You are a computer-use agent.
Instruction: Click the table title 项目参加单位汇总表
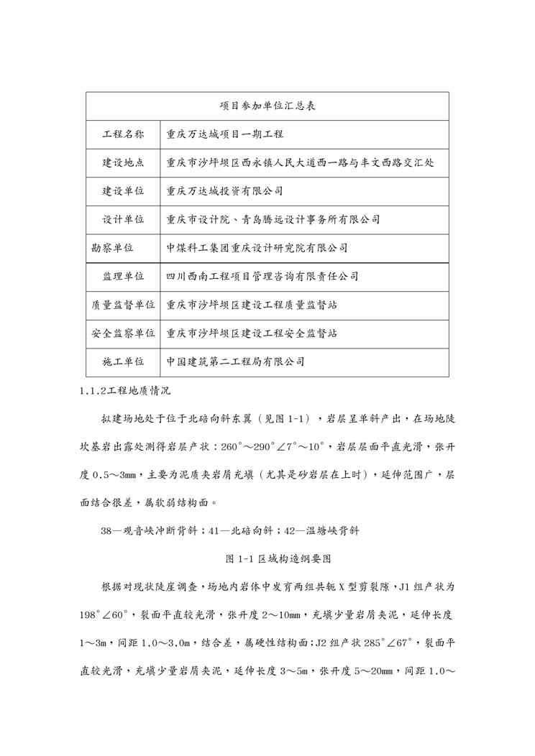click(x=267, y=106)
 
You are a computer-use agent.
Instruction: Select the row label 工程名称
click(x=123, y=134)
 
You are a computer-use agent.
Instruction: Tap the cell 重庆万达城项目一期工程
click(x=225, y=134)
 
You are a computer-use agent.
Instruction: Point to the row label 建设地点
click(x=123, y=162)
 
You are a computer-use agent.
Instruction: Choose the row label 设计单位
click(x=123, y=219)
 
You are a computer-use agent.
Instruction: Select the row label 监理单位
click(x=123, y=276)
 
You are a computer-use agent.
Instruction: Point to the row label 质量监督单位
click(x=123, y=305)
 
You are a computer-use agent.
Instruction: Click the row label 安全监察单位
click(x=123, y=333)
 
